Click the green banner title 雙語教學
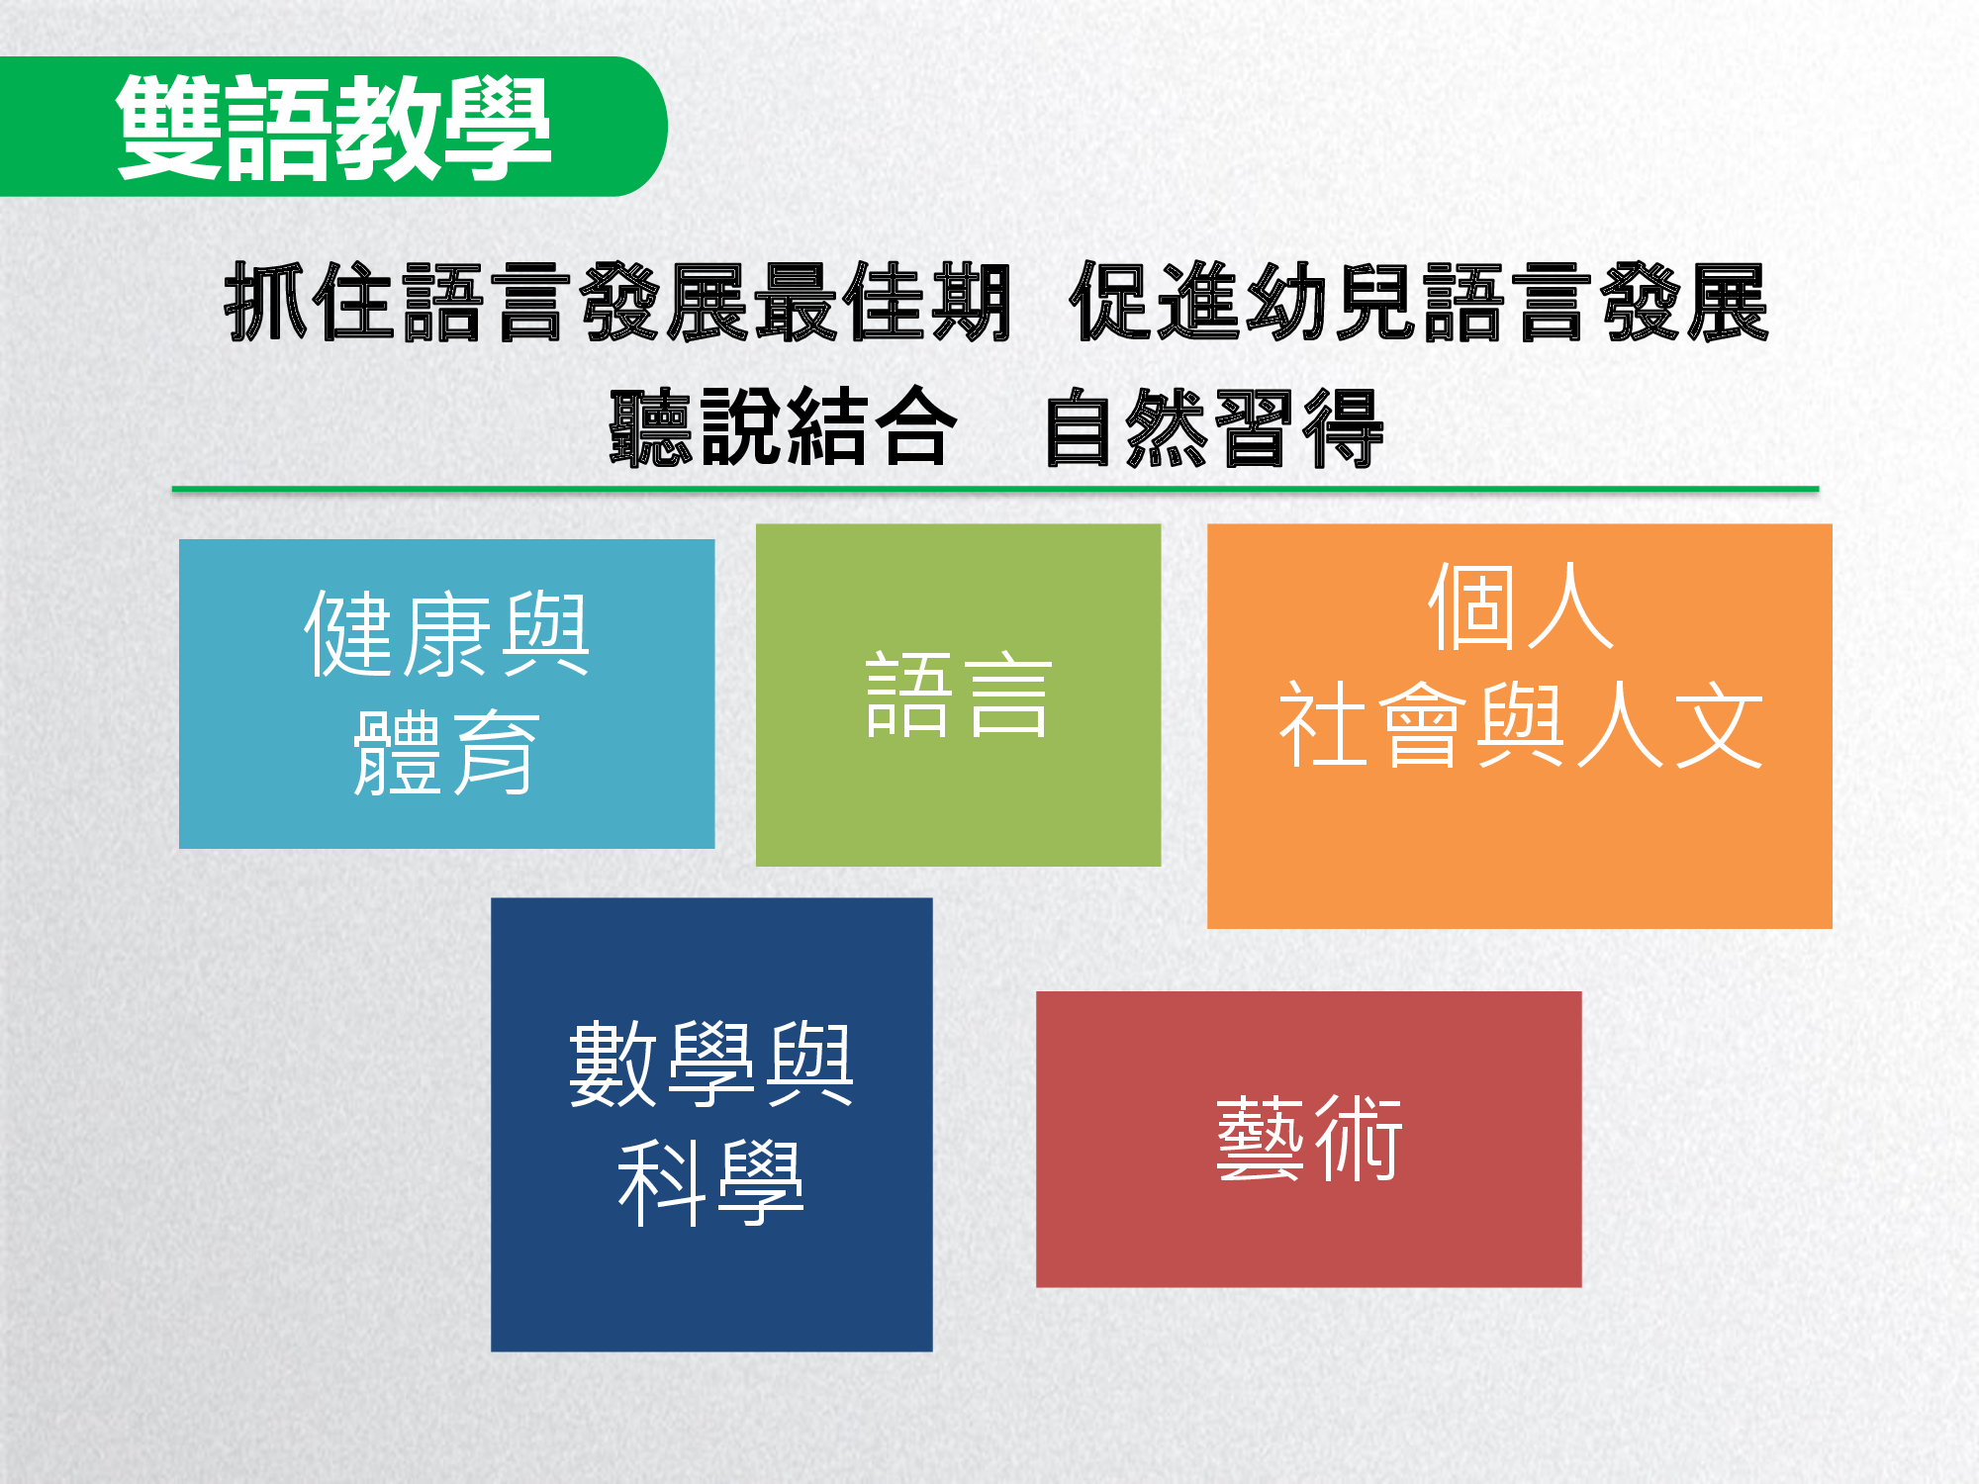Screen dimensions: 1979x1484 point(333,128)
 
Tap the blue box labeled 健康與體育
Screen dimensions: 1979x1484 point(446,694)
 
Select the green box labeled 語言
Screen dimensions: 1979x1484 point(958,695)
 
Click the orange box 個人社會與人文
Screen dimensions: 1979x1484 point(1519,725)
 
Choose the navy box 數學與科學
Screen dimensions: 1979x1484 point(711,1124)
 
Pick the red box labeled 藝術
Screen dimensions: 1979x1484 point(1308,1139)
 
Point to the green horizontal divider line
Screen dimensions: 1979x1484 point(995,489)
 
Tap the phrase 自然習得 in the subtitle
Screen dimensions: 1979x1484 point(1214,427)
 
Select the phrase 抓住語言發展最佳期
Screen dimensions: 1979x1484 point(617,303)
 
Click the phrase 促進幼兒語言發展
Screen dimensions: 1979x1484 point(1419,303)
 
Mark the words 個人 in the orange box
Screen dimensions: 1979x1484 point(1520,606)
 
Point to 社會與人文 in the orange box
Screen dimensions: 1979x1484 point(1520,725)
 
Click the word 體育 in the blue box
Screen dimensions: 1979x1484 point(446,753)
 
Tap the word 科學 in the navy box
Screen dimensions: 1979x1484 point(710,1182)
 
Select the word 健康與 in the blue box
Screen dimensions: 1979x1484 point(446,634)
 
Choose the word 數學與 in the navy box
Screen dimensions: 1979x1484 point(710,1065)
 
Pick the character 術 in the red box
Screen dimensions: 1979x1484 point(1357,1139)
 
